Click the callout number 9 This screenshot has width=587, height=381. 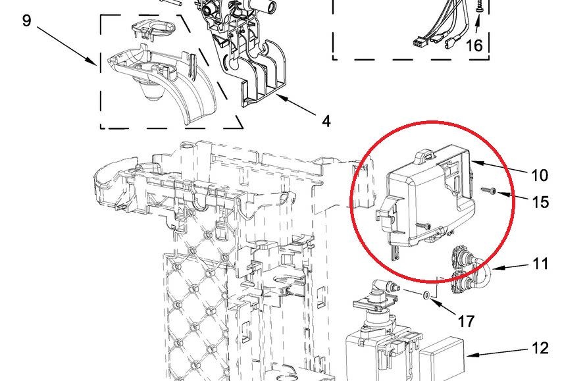click(x=26, y=20)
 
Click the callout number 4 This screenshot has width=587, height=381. click(x=326, y=121)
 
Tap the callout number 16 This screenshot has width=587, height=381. click(x=474, y=45)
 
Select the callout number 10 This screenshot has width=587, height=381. click(x=540, y=175)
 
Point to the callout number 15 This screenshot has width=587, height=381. click(x=540, y=202)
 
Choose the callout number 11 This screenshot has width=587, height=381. click(x=540, y=263)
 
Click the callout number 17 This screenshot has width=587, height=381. click(x=466, y=321)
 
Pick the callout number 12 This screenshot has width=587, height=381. click(x=540, y=349)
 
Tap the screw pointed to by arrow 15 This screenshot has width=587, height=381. click(x=487, y=191)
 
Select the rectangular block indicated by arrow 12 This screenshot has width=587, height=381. click(x=442, y=360)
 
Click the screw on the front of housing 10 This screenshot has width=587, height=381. click(x=423, y=225)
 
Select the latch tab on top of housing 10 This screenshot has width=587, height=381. click(x=426, y=155)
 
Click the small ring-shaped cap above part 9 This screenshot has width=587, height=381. click(x=153, y=30)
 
